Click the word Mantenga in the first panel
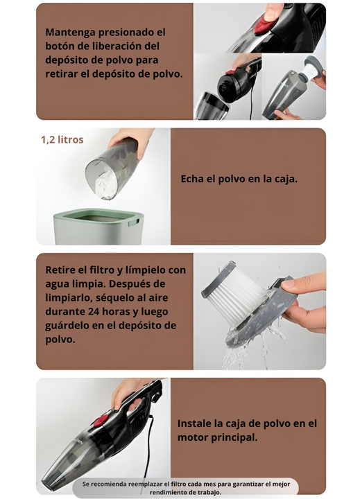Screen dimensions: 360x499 pyautogui.click(x=70, y=33)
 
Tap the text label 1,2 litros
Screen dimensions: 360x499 pyautogui.click(x=62, y=140)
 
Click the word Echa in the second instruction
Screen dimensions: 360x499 pyautogui.click(x=192, y=179)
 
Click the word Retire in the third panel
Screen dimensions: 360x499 pyautogui.click(x=60, y=270)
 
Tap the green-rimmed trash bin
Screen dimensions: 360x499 pyautogui.click(x=98, y=226)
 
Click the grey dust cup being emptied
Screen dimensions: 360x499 pyautogui.click(x=112, y=168)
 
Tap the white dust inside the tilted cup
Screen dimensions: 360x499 pyautogui.click(x=106, y=184)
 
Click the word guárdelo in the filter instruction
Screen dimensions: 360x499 pyautogui.click(x=67, y=326)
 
